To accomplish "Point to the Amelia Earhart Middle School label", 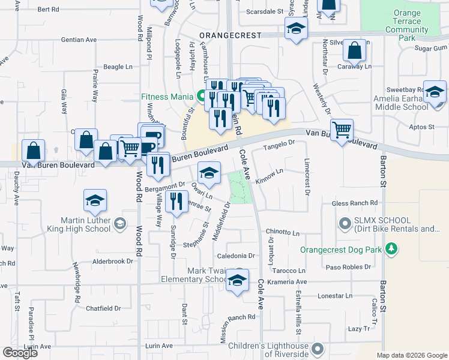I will click(400, 103).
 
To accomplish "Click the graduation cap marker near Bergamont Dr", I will click(208, 173).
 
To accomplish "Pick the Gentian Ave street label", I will click(79, 40).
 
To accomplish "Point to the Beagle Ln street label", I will click(118, 67).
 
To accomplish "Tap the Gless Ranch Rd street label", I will click(357, 203).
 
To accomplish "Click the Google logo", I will click(20, 353).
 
